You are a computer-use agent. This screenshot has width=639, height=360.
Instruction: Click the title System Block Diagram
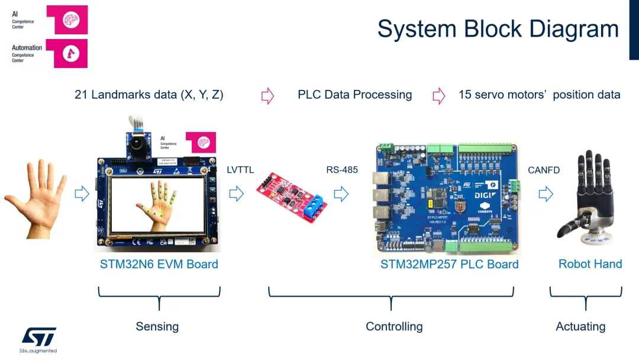click(x=498, y=29)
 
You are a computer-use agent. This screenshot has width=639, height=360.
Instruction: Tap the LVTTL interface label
click(x=240, y=170)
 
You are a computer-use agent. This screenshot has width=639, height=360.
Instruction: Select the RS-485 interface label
click(x=342, y=170)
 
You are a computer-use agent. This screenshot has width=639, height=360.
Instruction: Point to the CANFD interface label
click(x=544, y=171)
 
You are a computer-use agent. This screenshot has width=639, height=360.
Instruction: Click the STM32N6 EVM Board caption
click(x=159, y=264)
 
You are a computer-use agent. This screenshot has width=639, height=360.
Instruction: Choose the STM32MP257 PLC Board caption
click(x=449, y=264)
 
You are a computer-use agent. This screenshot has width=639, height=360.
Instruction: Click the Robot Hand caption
click(x=590, y=264)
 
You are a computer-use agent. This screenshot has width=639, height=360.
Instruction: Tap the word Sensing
click(x=157, y=326)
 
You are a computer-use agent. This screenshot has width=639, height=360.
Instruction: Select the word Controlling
click(x=394, y=326)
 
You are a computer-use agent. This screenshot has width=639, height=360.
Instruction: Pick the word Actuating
click(x=580, y=326)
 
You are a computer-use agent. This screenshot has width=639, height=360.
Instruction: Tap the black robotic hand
click(x=585, y=195)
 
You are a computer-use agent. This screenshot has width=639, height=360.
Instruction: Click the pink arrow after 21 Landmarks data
click(x=268, y=95)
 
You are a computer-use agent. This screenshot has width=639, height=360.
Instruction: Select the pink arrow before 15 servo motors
click(x=438, y=95)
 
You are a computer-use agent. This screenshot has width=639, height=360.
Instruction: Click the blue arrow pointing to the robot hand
click(x=546, y=194)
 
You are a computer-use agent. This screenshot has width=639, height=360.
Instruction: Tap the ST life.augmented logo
click(x=39, y=339)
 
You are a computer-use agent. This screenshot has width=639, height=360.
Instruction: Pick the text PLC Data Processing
click(x=354, y=95)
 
